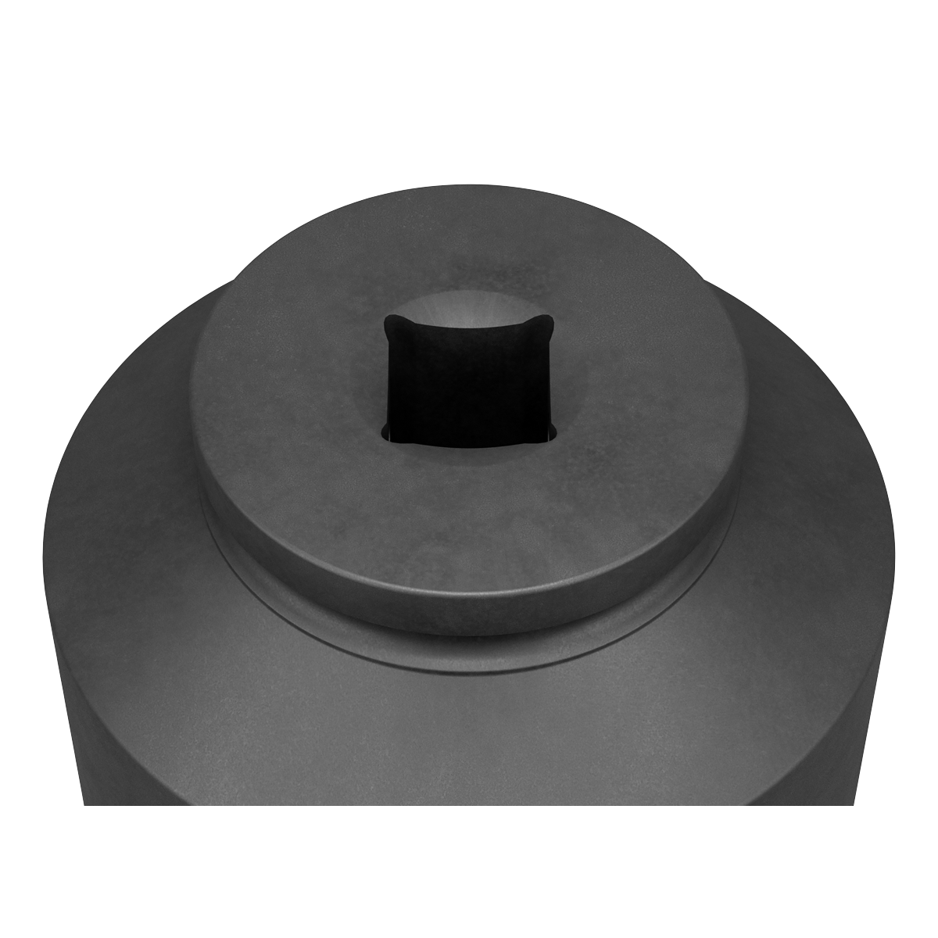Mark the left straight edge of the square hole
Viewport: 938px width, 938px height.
(x=385, y=379)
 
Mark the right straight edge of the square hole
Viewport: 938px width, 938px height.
(x=555, y=379)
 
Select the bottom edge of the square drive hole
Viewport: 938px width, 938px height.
(x=469, y=443)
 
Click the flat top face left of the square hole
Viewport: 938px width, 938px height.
(x=289, y=375)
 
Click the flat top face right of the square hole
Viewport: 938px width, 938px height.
(x=649, y=375)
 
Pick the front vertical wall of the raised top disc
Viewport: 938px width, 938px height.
(x=469, y=594)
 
